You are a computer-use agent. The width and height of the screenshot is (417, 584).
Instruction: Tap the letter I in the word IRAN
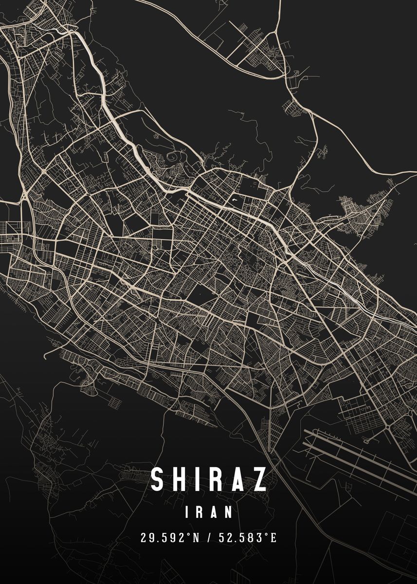coord(188,512)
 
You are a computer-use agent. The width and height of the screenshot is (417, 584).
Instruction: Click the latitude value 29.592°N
coord(168,538)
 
